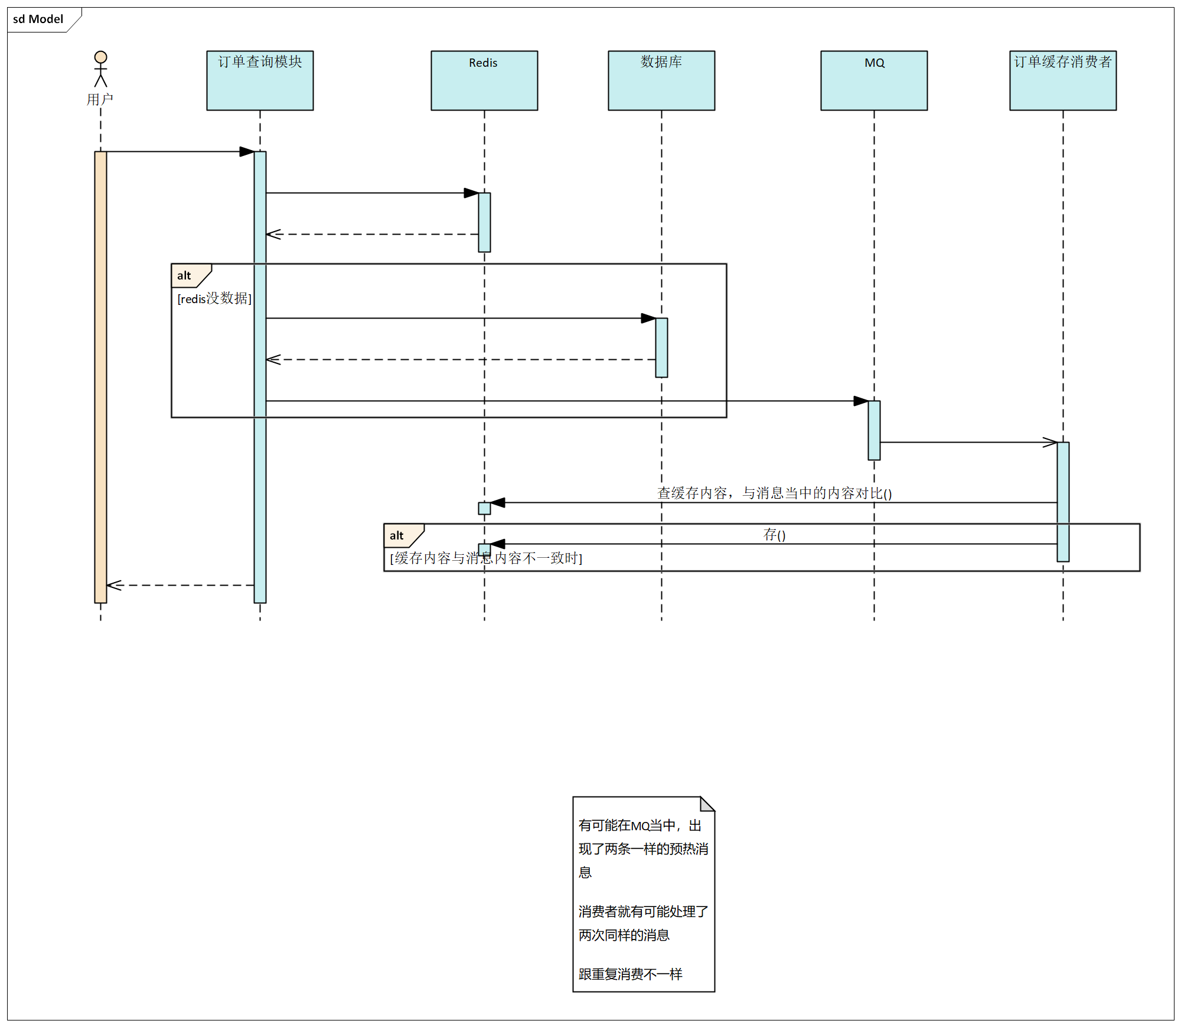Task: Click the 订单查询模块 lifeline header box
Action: pos(260,80)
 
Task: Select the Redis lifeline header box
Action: pos(484,80)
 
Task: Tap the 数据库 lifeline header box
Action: pos(661,80)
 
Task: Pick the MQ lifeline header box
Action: pos(874,80)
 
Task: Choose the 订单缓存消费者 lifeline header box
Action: pos(1063,80)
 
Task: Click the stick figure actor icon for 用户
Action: pos(101,69)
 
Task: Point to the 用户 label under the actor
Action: pos(100,99)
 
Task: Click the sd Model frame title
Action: pos(38,19)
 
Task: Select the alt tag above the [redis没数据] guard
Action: pos(184,275)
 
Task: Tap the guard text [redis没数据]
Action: pos(214,298)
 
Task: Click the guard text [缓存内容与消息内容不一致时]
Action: pos(486,558)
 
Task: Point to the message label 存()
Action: pos(774,535)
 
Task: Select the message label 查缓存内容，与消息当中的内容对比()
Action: pos(774,493)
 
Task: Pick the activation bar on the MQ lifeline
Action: pos(874,430)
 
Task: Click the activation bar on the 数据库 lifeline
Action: pos(661,347)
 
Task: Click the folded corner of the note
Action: pos(707,804)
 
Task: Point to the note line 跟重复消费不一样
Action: pos(630,974)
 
